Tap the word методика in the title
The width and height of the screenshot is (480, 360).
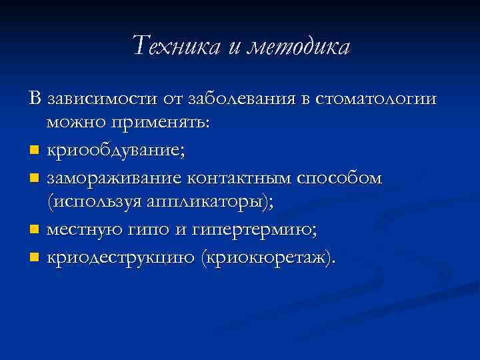pos(299,47)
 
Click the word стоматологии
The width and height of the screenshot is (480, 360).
pos(377,99)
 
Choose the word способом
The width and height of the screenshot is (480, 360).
pos(339,177)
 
